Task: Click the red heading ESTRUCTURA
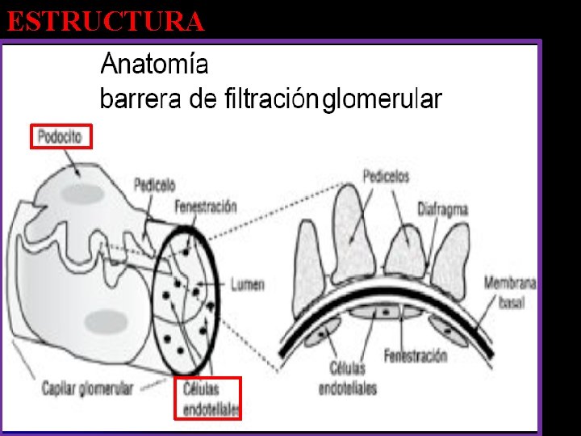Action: pos(106,21)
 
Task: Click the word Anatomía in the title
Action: pos(154,64)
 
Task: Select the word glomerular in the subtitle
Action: pos(382,100)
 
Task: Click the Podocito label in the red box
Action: pos(61,136)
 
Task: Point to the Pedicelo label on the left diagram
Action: pos(155,183)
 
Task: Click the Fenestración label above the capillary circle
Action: pos(206,207)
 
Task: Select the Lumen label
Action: pos(247,284)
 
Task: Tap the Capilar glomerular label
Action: pos(88,388)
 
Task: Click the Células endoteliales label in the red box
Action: pos(209,398)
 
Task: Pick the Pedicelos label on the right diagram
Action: pos(386,175)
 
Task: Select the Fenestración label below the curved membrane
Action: pos(415,355)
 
